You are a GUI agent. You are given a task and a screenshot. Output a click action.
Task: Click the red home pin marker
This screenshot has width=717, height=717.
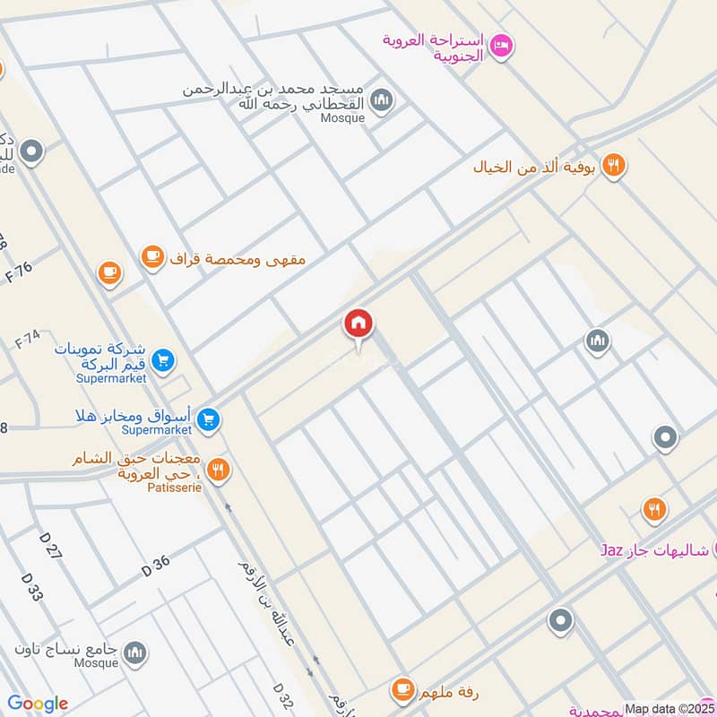tap(358, 324)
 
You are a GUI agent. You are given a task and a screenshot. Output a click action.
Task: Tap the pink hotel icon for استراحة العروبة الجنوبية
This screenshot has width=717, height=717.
tap(501, 44)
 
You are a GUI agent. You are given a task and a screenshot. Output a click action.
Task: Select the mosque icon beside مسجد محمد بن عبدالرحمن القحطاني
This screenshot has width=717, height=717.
tap(382, 98)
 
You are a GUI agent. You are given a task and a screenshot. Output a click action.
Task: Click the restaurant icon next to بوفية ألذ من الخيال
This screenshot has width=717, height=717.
tap(613, 166)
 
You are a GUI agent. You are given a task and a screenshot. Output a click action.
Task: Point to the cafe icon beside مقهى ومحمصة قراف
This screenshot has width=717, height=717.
tap(152, 258)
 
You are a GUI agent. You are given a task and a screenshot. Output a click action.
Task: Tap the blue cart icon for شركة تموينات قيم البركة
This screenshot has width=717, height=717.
tap(162, 361)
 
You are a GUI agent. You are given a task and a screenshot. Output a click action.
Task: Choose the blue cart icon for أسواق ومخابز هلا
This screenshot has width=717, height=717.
tap(208, 419)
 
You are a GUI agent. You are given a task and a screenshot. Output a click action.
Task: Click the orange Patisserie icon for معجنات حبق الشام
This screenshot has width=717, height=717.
tap(218, 469)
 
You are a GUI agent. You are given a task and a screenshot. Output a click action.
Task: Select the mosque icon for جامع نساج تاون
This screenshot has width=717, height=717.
tap(135, 652)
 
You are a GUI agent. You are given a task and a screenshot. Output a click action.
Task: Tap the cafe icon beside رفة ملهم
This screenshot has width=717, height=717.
tap(402, 690)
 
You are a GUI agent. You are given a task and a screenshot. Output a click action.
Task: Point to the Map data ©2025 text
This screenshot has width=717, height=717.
tap(669, 708)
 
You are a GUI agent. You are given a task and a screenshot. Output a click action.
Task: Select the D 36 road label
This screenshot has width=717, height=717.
tap(155, 566)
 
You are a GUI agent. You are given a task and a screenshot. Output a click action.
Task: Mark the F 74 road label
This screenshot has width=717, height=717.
tap(28, 340)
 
